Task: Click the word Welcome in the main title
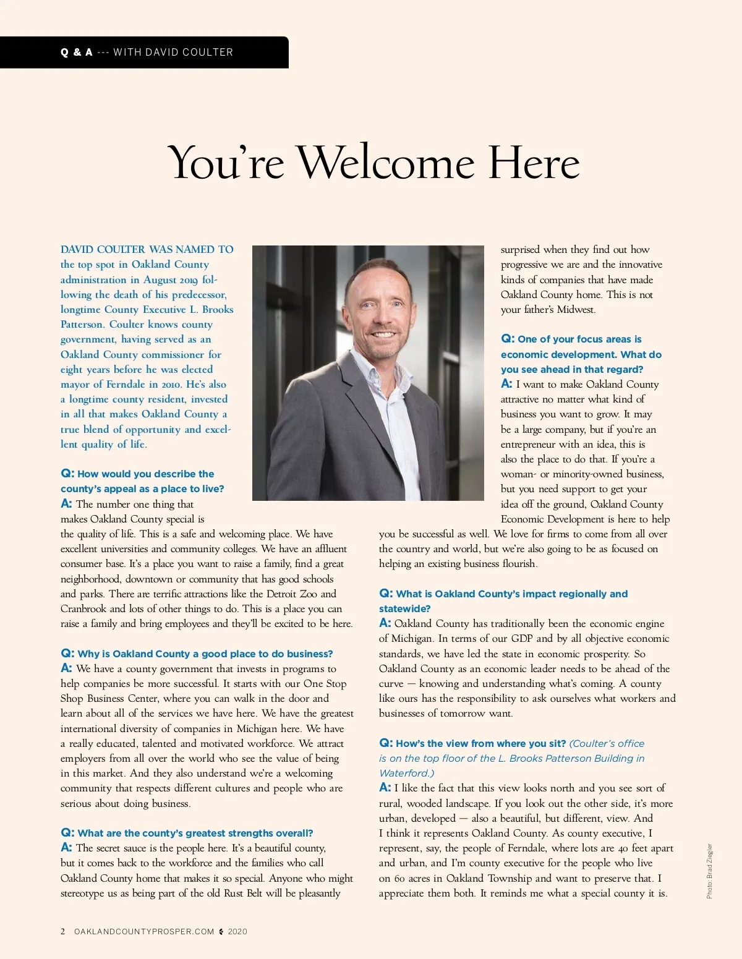coord(386,163)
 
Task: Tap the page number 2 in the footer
coord(62,931)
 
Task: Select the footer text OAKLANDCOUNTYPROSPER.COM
coord(144,932)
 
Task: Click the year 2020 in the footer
coord(237,932)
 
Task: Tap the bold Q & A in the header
coord(76,53)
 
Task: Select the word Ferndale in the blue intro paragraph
coord(126,384)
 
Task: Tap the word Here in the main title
coord(534,163)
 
